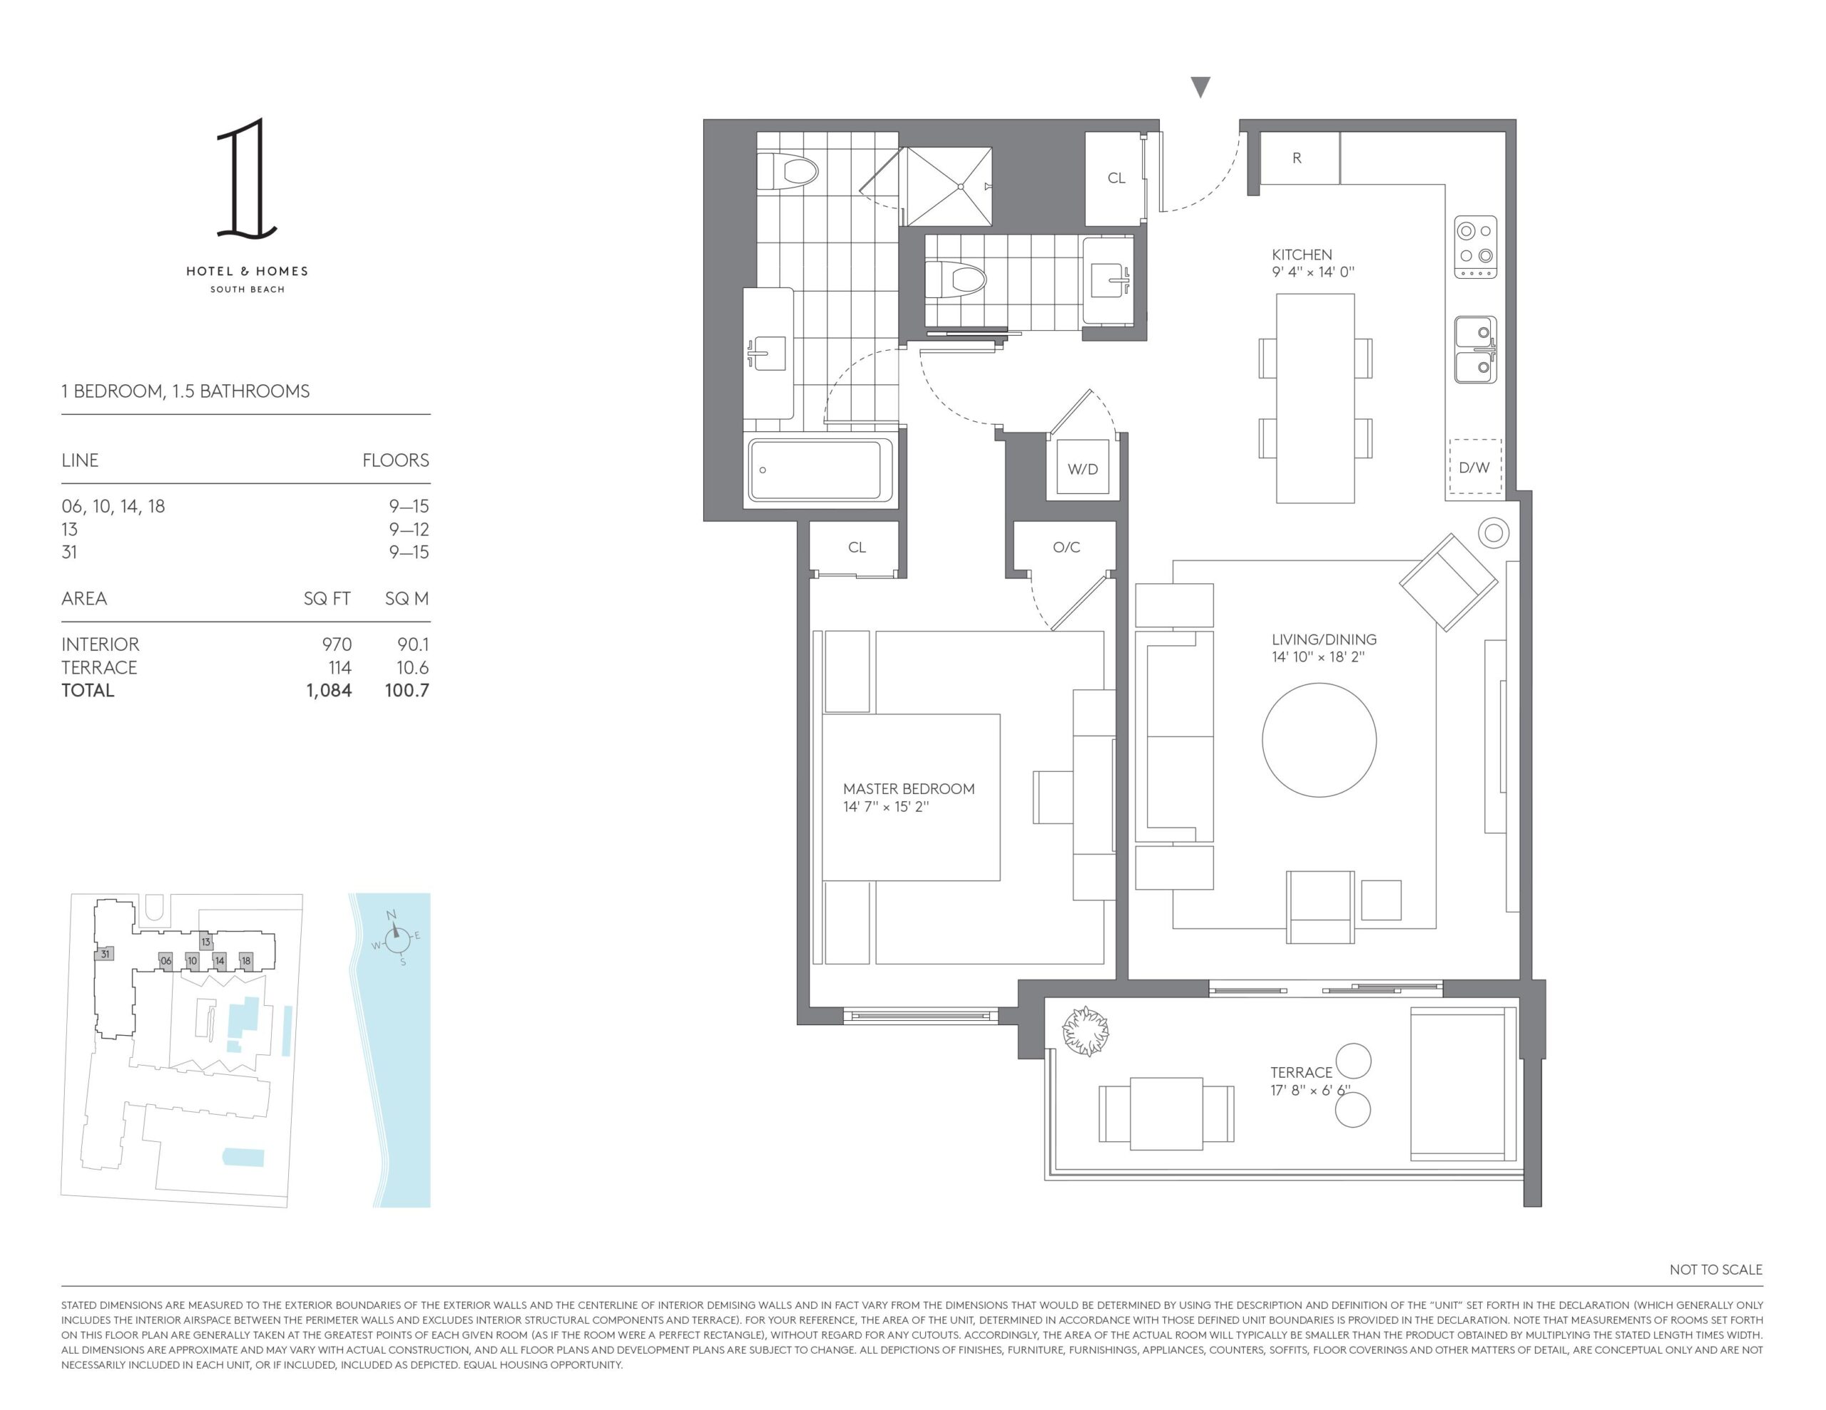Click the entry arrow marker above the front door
coord(1200,87)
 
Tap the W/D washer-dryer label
coord(1083,469)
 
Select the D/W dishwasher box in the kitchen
coord(1475,466)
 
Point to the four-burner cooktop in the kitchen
coord(1476,247)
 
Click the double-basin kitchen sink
coord(1476,349)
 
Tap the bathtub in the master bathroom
coord(820,471)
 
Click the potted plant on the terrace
coord(1085,1031)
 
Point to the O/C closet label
coord(1066,547)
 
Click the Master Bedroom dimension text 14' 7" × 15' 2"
coord(886,806)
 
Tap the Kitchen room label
coord(1302,254)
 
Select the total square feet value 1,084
coord(329,690)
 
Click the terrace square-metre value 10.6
coord(407,667)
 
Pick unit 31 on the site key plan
coord(105,954)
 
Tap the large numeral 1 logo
coord(246,177)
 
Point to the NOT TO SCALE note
coord(1715,1270)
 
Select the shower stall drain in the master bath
coord(962,186)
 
